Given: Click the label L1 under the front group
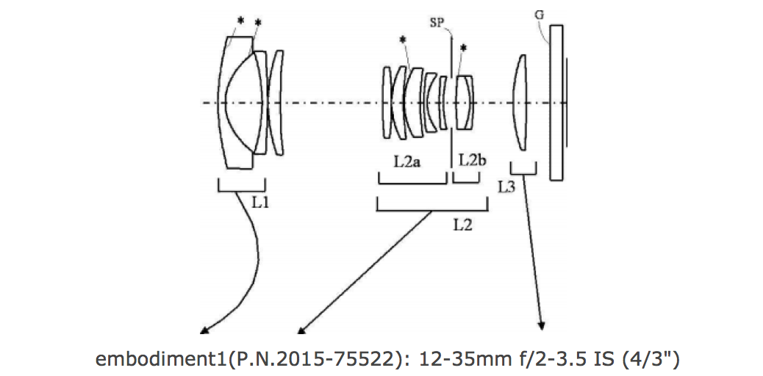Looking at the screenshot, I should tap(260, 200).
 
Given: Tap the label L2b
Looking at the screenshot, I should tap(471, 162).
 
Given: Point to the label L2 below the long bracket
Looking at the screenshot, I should tap(462, 225).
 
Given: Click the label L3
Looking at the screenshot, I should tap(506, 187).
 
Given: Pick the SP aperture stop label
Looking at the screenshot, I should tap(440, 23).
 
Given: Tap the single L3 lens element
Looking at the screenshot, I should tap(520, 102).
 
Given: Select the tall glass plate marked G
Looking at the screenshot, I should tap(556, 102).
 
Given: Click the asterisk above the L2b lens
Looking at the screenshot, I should tap(463, 49).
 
